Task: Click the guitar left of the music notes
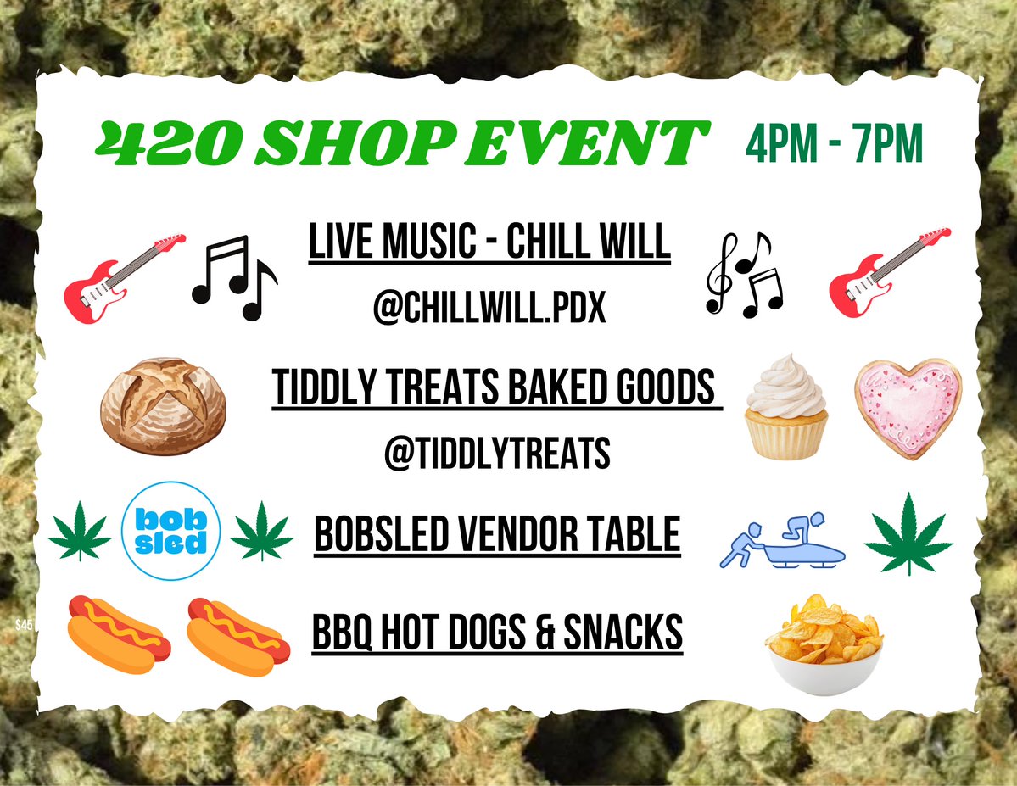(x=124, y=279)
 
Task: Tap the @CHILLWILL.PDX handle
(x=489, y=309)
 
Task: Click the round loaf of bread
(x=163, y=406)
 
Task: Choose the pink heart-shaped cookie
(x=907, y=407)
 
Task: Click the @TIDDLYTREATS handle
(x=496, y=453)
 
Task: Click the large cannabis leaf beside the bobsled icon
(x=908, y=532)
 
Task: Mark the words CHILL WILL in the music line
(x=590, y=243)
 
